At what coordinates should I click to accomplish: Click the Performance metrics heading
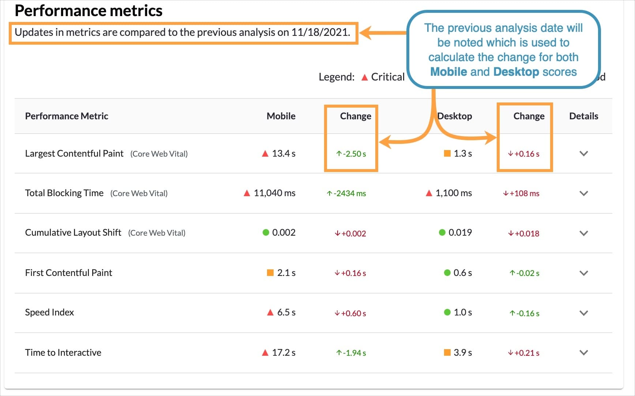click(89, 11)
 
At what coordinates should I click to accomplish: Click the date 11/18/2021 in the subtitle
click(320, 32)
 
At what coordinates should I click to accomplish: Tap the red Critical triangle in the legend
click(364, 77)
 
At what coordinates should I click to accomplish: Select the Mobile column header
click(281, 116)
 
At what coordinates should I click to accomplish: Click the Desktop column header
click(455, 116)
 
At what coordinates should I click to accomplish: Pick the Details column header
click(583, 116)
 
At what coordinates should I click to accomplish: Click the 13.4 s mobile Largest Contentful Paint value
click(283, 153)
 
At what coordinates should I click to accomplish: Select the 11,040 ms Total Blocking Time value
click(274, 193)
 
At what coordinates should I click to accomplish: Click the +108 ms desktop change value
click(524, 193)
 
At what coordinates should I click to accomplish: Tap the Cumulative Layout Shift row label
click(73, 233)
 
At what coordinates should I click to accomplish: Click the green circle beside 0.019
click(442, 232)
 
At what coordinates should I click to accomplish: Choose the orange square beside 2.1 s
click(270, 273)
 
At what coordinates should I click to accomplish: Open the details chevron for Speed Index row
click(583, 313)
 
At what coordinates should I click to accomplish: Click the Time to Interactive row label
click(63, 352)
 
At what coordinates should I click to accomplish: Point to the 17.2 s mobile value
click(283, 352)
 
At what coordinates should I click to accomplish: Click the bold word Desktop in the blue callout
click(516, 72)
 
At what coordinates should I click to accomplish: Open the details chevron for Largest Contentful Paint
click(583, 153)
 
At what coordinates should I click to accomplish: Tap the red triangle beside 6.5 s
click(270, 312)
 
